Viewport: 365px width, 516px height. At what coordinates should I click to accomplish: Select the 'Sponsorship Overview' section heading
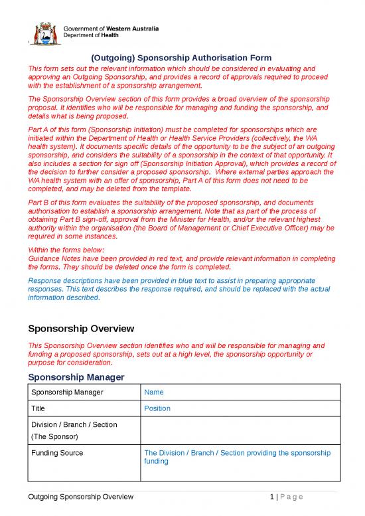pyautogui.click(x=81, y=329)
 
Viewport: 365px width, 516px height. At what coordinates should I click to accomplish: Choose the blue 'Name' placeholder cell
pyautogui.click(x=154, y=392)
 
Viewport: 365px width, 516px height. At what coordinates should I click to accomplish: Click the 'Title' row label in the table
pyautogui.click(x=40, y=408)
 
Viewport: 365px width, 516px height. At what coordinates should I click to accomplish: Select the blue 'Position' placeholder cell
pyautogui.click(x=157, y=408)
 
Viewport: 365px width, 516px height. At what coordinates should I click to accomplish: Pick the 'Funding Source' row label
pyautogui.click(x=57, y=453)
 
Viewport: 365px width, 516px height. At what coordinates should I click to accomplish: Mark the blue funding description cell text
pyautogui.click(x=236, y=458)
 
